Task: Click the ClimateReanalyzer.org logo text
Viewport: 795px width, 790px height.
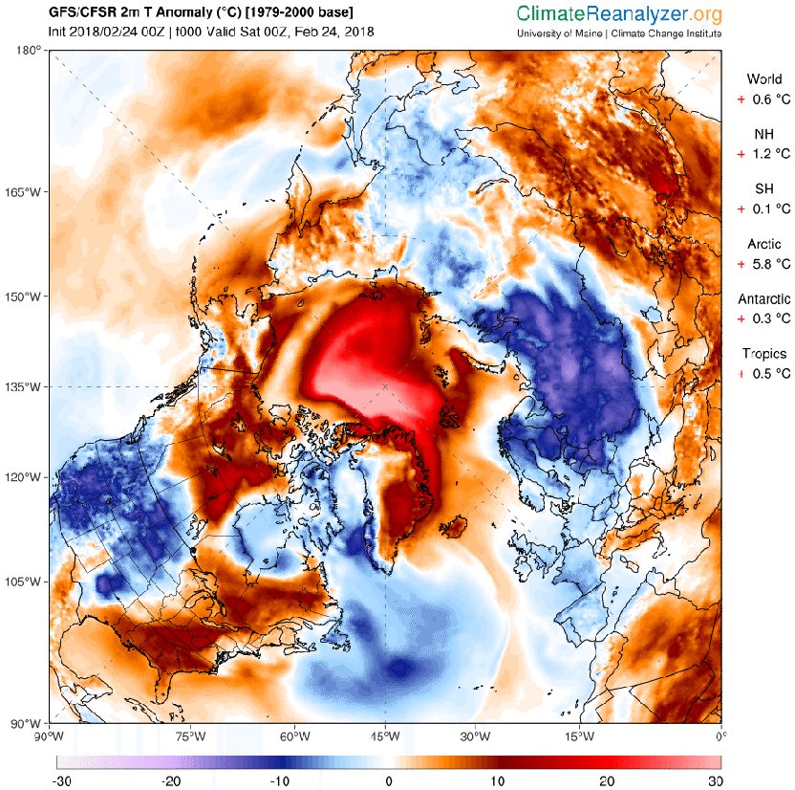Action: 619,14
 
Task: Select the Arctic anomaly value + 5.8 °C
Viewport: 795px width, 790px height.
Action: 763,262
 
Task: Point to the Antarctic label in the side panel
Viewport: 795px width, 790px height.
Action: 763,298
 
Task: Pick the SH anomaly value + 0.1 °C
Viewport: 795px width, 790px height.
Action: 763,208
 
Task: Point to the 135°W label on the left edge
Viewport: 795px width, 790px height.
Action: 29,387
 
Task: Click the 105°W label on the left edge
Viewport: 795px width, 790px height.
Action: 29,582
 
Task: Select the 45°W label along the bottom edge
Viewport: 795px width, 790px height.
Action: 385,735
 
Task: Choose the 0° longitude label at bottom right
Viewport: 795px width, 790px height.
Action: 721,735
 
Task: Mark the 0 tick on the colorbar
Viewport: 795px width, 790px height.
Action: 389,779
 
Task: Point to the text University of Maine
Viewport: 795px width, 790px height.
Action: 555,33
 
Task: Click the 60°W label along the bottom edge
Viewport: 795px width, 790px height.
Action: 294,735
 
